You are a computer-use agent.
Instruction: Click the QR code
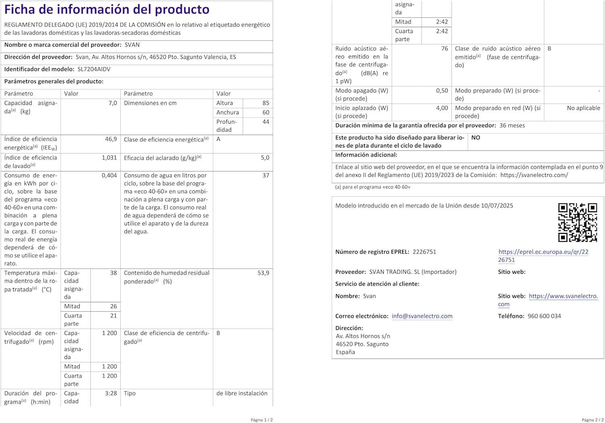pos(577,223)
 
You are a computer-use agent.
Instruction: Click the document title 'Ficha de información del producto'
pos(107,9)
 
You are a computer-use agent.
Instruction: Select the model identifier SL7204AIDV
pos(94,69)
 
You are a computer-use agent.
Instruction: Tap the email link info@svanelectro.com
pos(422,316)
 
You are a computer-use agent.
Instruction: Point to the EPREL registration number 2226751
pos(424,252)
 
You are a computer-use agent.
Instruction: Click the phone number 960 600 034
pos(544,316)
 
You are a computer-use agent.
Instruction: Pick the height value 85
pos(265,103)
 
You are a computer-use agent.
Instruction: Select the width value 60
pos(265,113)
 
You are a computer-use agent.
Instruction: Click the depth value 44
pos(265,122)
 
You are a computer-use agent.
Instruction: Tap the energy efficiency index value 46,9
pos(111,139)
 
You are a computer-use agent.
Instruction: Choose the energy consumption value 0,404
pos(109,175)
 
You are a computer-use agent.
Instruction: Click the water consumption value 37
pos(265,175)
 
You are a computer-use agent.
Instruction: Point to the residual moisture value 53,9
pos(263,273)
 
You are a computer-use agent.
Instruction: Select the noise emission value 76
pos(444,48)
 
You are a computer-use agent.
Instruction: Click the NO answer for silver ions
pos(476,138)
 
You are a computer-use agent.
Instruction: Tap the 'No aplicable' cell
pos(583,108)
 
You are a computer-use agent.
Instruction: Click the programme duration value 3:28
pos(111,393)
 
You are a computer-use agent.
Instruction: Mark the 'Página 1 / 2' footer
pos(262,420)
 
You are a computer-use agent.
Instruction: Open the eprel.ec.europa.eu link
pos(543,256)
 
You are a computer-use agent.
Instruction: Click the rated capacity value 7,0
pos(113,103)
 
